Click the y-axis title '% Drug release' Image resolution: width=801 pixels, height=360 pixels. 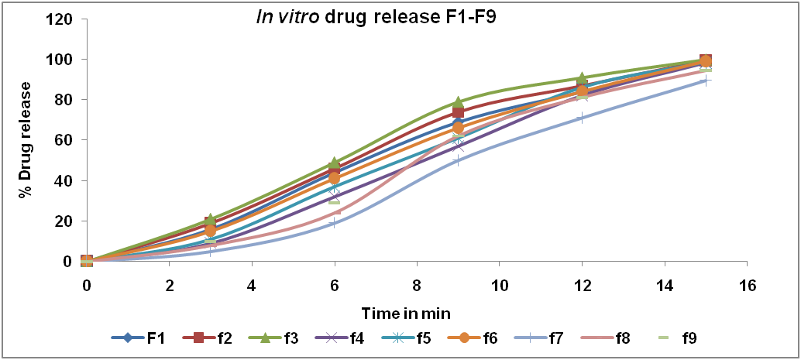[x=26, y=139]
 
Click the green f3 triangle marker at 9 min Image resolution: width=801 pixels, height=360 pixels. [x=458, y=102]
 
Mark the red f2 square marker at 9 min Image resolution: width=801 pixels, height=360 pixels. [x=458, y=112]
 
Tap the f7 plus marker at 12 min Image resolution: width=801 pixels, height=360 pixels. [x=582, y=118]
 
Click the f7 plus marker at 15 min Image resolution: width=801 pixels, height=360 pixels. [x=706, y=81]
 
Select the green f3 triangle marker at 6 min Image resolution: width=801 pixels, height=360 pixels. [x=334, y=163]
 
